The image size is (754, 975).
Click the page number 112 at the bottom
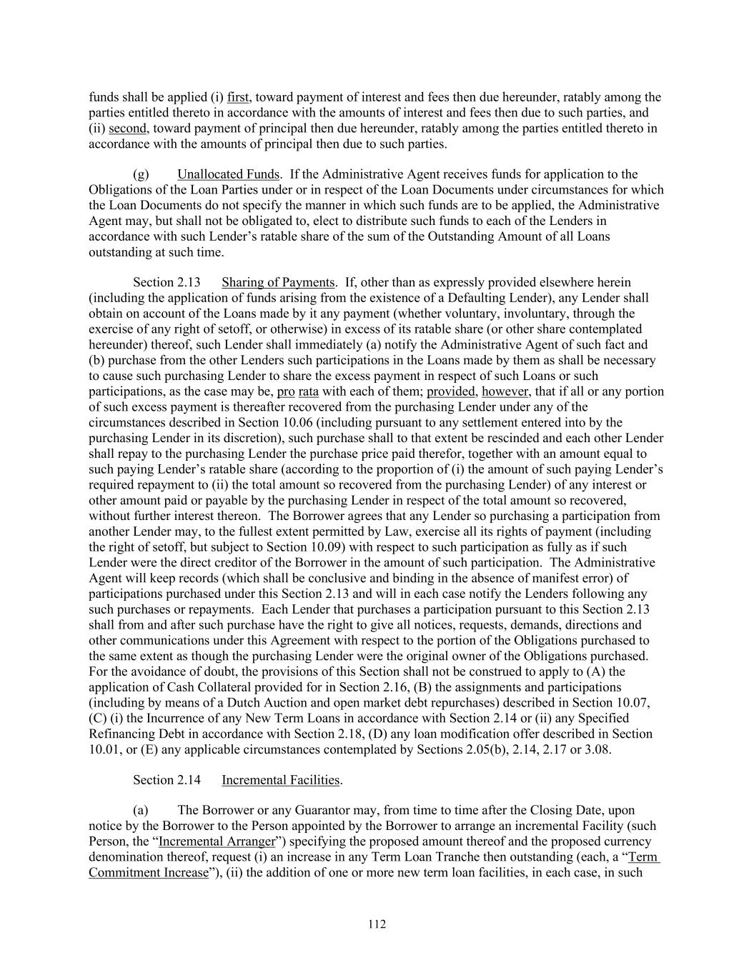point(377,924)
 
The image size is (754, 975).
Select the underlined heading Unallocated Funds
point(228,174)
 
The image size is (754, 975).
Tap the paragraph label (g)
point(141,174)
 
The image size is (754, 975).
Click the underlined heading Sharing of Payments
point(278,282)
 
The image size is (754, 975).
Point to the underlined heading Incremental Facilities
point(280,780)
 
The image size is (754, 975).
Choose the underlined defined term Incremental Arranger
point(217,841)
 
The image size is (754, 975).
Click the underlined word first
point(237,97)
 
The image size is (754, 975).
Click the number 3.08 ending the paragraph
point(597,749)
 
